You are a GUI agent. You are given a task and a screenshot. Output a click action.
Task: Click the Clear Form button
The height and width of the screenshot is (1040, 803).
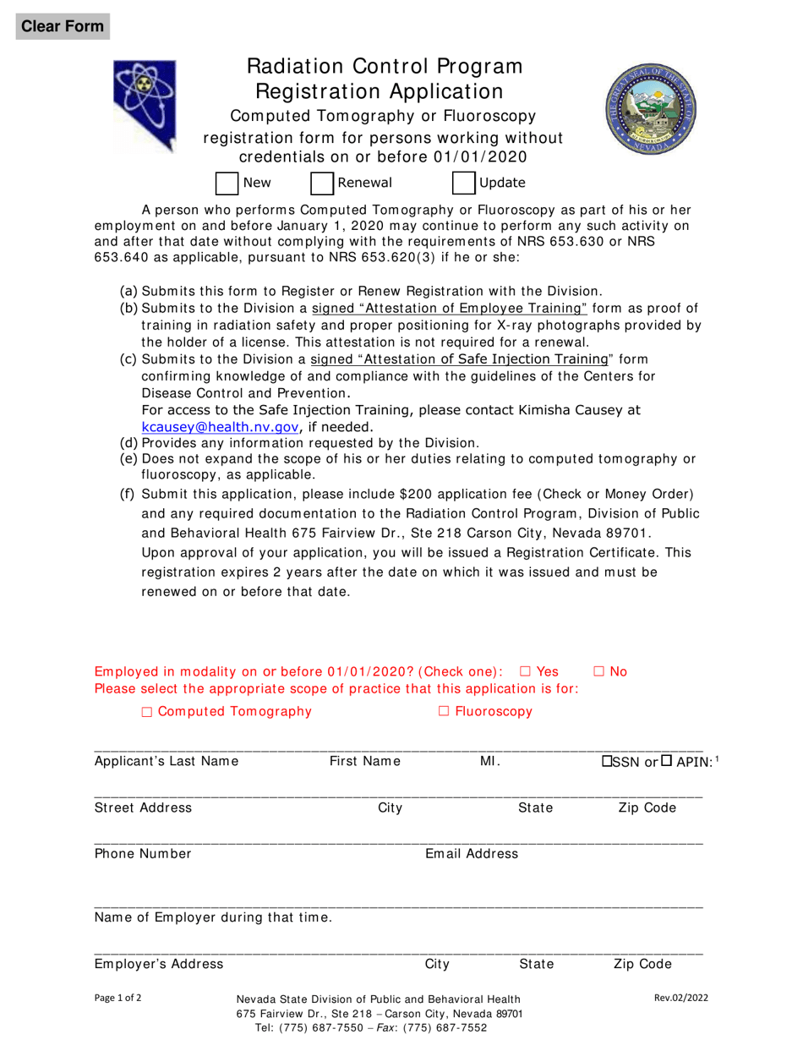63,25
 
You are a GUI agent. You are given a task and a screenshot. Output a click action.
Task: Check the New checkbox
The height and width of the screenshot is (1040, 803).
227,183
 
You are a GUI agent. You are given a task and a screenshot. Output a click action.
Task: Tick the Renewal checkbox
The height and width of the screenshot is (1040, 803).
322,183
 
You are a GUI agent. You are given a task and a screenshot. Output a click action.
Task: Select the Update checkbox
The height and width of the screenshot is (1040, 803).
464,183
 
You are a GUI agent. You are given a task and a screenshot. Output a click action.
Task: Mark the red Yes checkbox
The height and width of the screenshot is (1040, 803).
524,671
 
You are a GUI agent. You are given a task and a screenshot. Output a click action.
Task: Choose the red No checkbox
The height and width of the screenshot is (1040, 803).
598,671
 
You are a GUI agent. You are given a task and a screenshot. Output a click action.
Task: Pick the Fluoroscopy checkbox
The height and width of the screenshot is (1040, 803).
445,712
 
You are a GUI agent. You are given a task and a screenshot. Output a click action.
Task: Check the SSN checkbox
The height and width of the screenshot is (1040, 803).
607,761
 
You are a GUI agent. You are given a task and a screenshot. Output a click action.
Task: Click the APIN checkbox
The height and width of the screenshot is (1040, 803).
667,761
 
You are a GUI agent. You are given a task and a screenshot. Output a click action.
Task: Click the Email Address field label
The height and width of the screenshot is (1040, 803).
471,854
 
